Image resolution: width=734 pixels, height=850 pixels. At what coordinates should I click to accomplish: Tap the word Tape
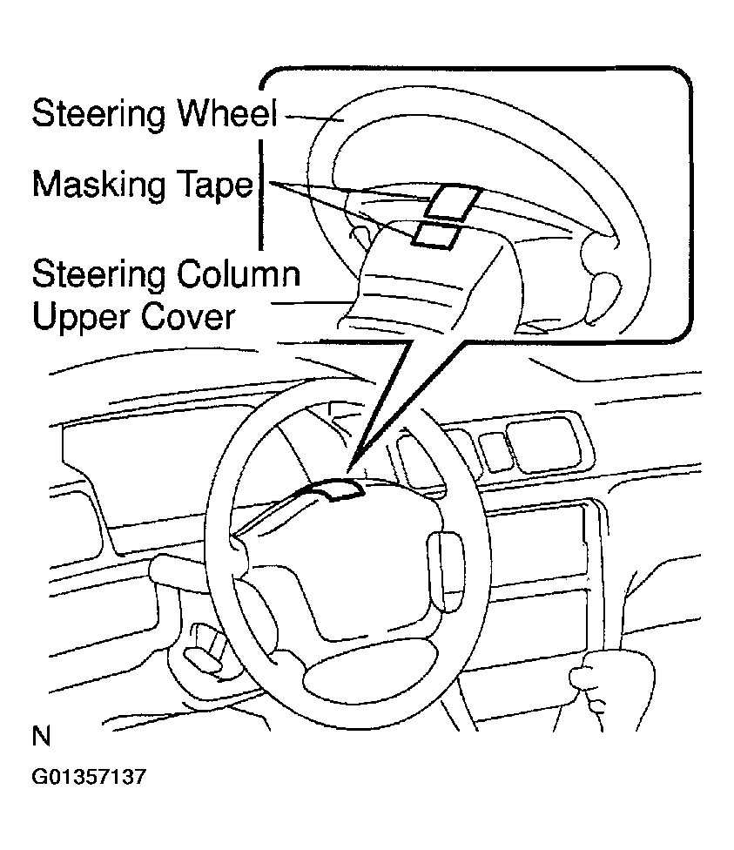(x=215, y=186)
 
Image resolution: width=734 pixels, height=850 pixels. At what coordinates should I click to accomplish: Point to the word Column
(x=239, y=273)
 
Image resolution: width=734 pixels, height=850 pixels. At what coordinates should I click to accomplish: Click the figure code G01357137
(x=89, y=777)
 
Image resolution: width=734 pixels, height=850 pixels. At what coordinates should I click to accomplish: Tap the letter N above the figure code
(x=41, y=737)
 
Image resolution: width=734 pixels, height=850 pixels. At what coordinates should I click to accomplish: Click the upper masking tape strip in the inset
(x=452, y=202)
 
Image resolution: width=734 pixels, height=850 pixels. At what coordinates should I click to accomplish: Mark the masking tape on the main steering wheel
(x=336, y=489)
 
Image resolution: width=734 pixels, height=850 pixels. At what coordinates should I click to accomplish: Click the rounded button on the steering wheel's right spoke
(x=446, y=572)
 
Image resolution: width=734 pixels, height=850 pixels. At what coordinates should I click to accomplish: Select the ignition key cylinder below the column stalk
(x=202, y=649)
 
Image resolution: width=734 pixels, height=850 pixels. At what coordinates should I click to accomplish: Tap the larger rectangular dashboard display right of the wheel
(x=543, y=443)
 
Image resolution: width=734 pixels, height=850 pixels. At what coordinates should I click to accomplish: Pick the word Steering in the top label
(x=98, y=114)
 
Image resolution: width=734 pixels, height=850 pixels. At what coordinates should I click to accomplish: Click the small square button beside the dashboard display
(x=494, y=451)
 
